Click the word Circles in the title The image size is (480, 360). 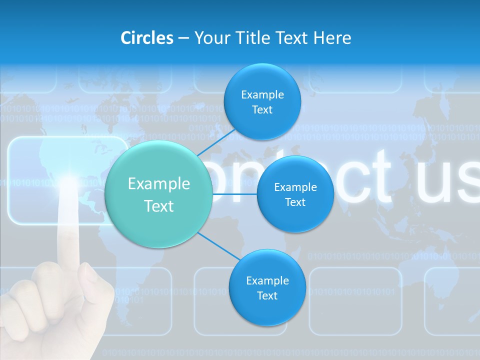(147, 38)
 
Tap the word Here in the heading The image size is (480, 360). (332, 38)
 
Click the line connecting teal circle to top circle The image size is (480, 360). (216, 141)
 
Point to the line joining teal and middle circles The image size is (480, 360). (235, 193)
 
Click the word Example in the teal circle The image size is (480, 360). (159, 184)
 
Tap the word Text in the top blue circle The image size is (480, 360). (262, 110)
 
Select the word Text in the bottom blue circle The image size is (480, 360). (267, 296)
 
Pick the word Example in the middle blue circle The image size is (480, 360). (295, 187)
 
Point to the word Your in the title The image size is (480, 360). (210, 38)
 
